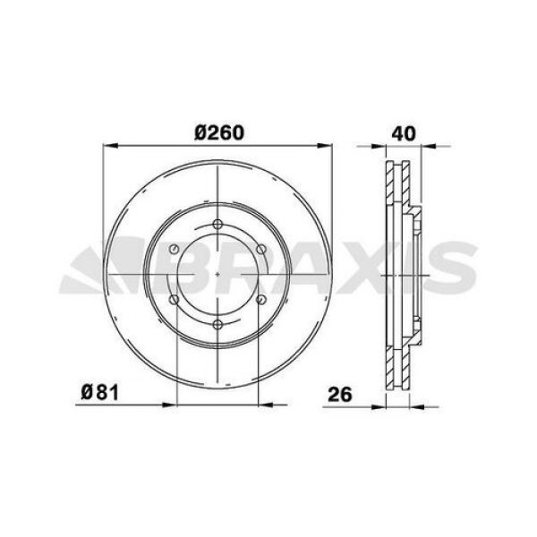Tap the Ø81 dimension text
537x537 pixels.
[x=94, y=392]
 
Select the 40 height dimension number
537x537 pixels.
[x=404, y=132]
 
